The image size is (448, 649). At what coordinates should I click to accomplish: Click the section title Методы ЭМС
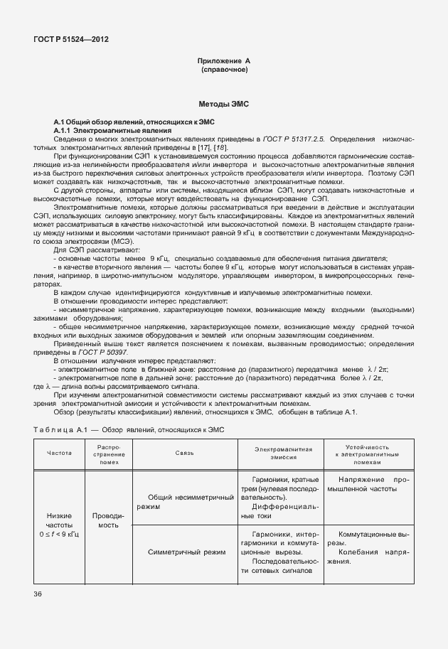(224, 104)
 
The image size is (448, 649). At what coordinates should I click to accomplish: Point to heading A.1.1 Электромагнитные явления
(112, 132)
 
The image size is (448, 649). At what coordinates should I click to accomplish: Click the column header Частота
(59, 453)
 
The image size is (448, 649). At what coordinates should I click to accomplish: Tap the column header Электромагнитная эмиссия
(284, 453)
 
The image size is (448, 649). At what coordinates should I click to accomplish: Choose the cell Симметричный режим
(186, 552)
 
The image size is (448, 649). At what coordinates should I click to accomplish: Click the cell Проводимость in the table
(108, 520)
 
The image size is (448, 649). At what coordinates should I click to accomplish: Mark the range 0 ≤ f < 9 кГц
(59, 532)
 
